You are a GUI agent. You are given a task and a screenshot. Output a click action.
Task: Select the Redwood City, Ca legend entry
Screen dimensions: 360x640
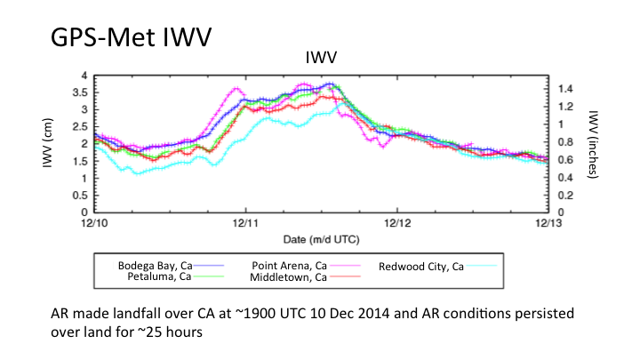click(x=421, y=266)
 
